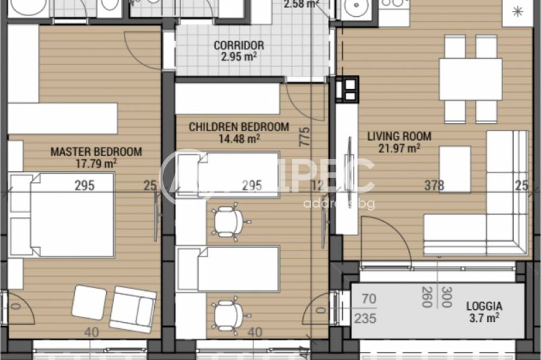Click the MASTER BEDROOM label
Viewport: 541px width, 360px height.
point(96,152)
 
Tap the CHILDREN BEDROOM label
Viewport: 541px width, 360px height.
point(238,127)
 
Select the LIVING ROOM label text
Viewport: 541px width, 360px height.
point(399,136)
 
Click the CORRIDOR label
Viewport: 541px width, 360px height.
point(238,46)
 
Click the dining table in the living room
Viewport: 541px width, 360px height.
point(470,80)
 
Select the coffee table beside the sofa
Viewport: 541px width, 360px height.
point(454,169)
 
